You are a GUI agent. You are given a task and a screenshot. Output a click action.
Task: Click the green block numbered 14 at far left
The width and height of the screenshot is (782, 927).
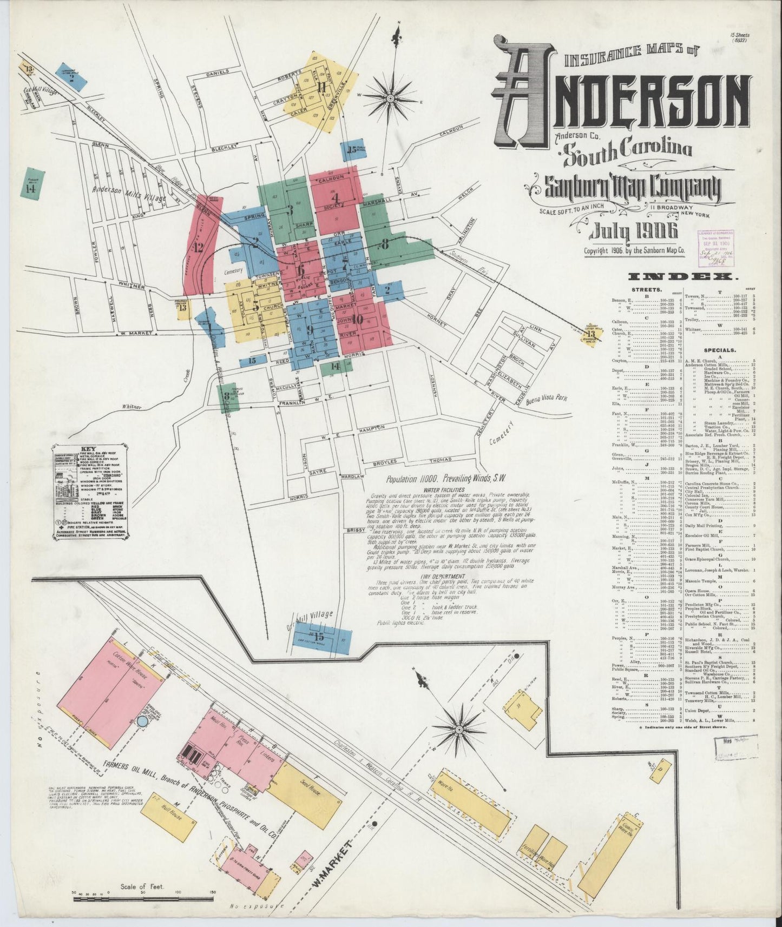click(x=32, y=184)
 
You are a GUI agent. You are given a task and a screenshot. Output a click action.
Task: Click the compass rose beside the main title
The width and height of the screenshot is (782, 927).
click(x=390, y=98)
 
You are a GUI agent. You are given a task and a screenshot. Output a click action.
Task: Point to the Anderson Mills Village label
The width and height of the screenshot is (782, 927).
click(x=129, y=191)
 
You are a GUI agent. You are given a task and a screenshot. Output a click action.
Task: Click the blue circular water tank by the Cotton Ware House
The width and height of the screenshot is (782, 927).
click(x=143, y=721)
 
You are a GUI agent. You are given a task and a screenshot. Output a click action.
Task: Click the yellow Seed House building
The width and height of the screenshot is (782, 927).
click(x=297, y=787)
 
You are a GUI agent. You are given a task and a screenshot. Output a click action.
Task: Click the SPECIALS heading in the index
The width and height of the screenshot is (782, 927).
click(x=719, y=349)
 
